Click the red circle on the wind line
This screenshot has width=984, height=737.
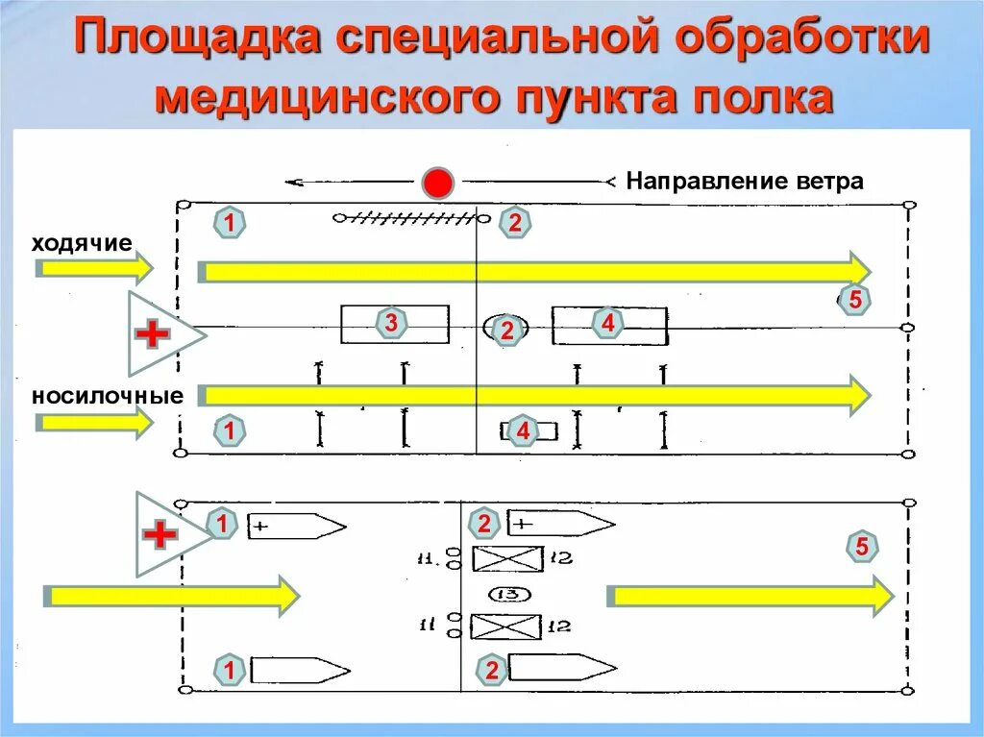coord(438,182)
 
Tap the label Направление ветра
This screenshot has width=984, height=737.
coord(745,181)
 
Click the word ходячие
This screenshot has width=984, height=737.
coord(81,242)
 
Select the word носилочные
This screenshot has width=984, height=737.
coord(107,396)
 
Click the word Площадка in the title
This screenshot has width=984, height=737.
coord(196,41)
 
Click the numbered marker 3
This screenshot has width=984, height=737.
coord(391,324)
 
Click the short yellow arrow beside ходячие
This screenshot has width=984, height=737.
coord(93,267)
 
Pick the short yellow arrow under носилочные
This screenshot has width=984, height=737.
coord(93,422)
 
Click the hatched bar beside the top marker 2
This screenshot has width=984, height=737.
coord(407,218)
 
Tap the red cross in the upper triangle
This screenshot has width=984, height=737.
coord(153,334)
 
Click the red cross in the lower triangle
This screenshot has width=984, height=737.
coord(160,534)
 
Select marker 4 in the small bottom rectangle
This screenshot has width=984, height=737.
coord(523,432)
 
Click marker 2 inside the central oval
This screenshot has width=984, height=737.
coord(506,331)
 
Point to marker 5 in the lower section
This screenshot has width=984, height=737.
coord(862,548)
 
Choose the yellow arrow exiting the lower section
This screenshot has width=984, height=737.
coord(750,596)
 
